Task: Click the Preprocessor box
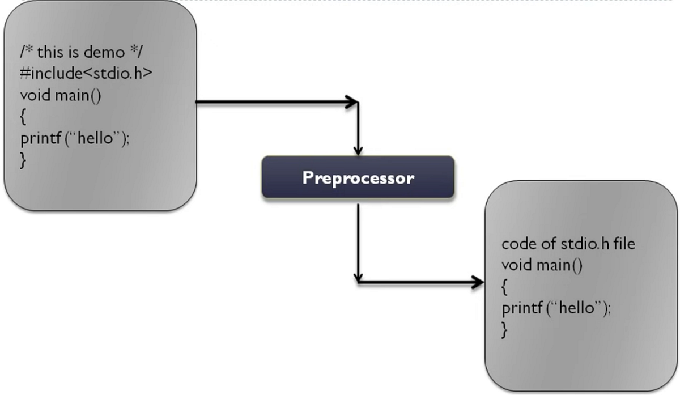tap(358, 177)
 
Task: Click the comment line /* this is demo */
tap(82, 52)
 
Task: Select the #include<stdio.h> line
tap(86, 74)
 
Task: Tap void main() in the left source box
tap(61, 95)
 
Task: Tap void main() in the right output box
tap(542, 265)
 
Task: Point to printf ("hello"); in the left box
tap(75, 138)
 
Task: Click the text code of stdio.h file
tap(568, 244)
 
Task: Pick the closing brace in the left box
tap(23, 160)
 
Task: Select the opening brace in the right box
tap(504, 287)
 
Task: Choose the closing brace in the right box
tap(504, 330)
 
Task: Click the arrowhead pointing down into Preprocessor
tap(358, 151)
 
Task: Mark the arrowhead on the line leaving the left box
tap(352, 103)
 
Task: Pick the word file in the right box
tap(622, 244)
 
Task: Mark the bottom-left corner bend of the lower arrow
tap(358, 281)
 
